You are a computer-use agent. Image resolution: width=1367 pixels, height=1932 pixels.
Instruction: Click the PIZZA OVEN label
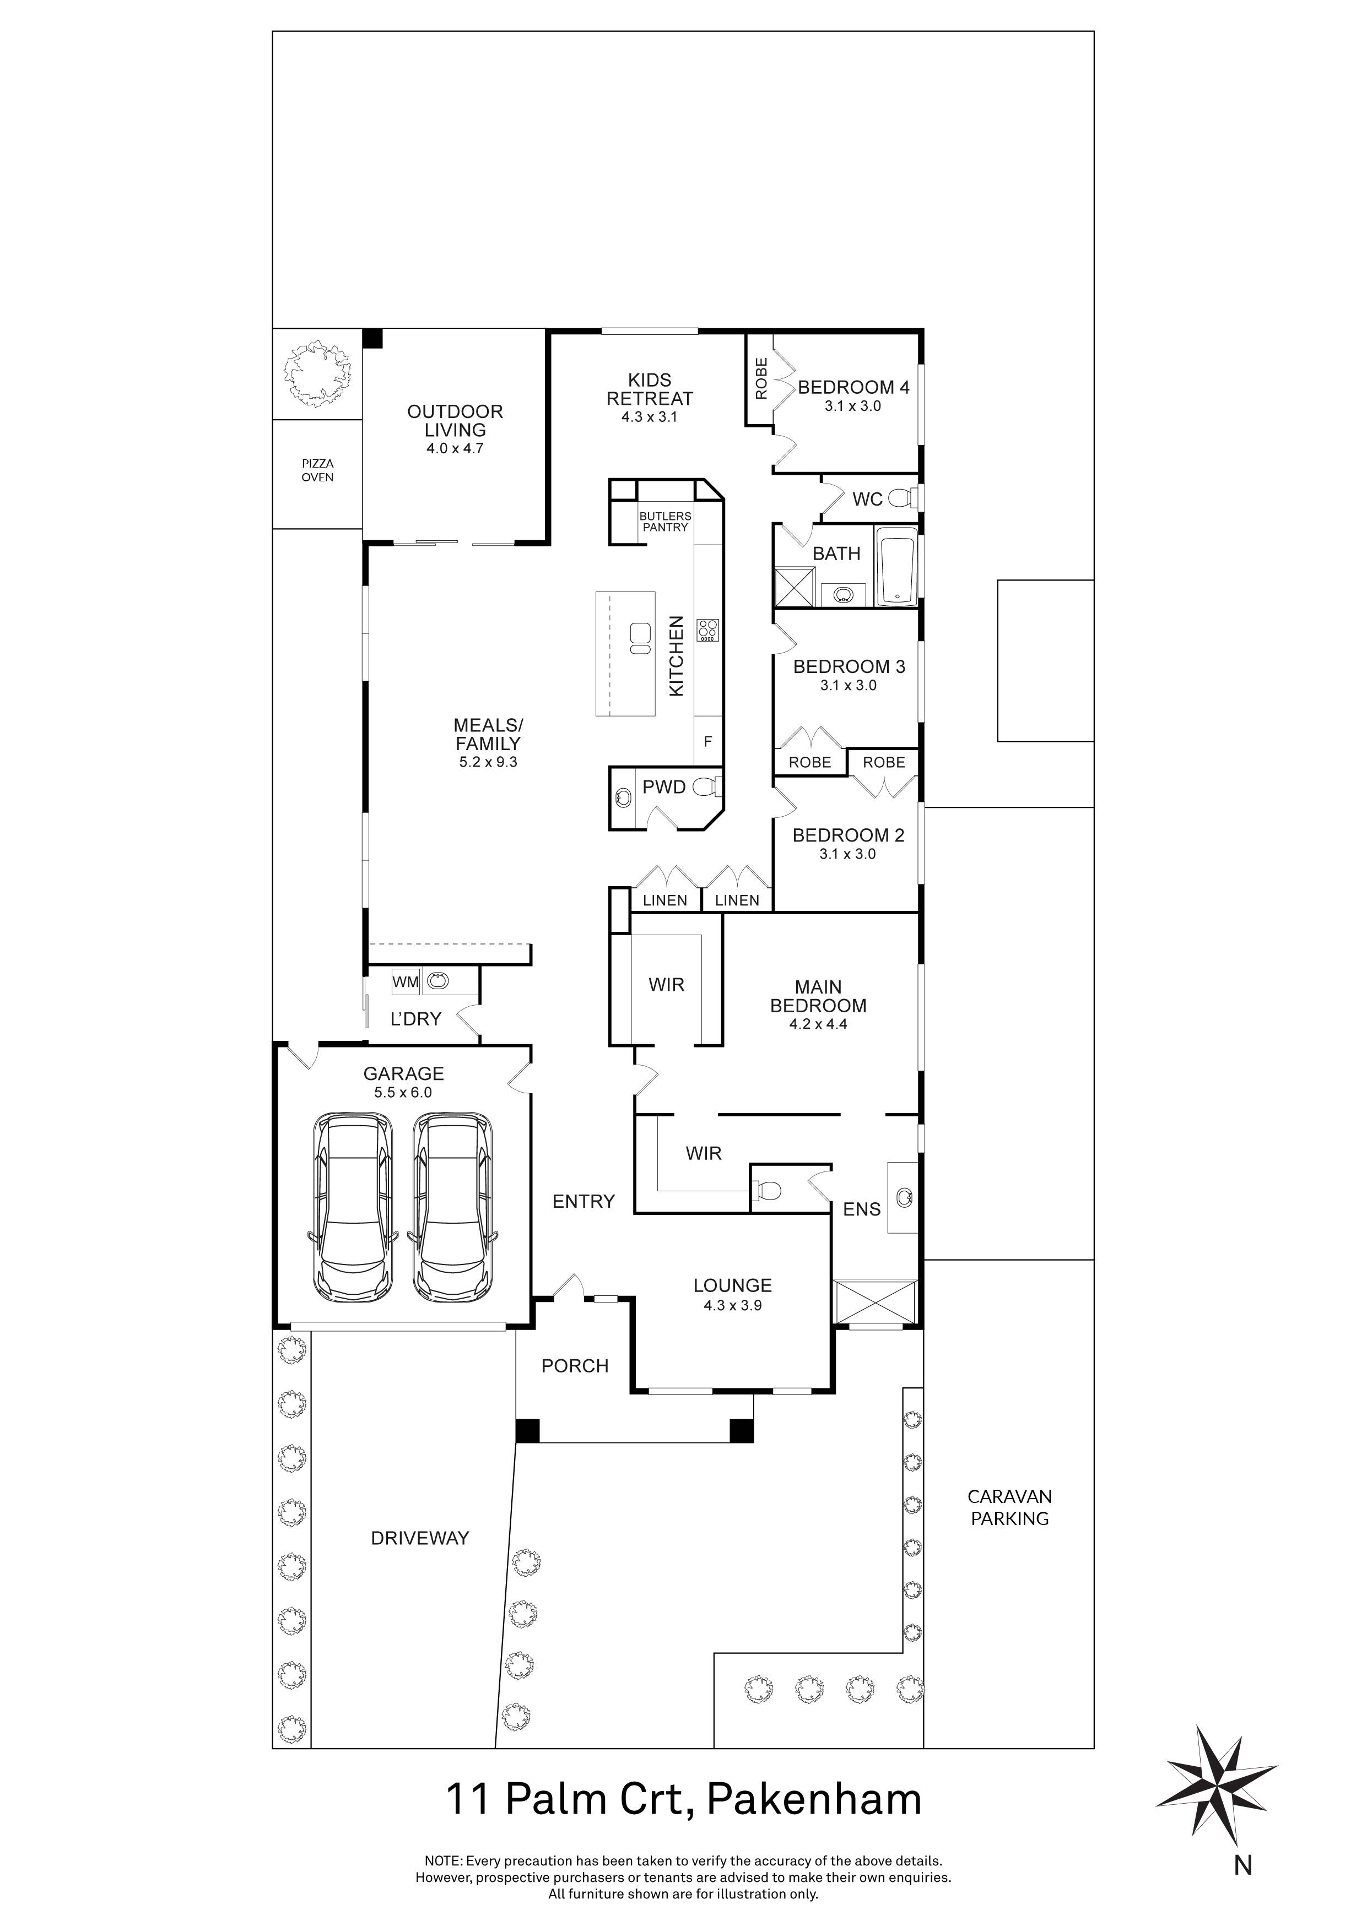pos(317,470)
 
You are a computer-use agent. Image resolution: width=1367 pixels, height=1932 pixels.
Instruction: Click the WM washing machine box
pos(405,981)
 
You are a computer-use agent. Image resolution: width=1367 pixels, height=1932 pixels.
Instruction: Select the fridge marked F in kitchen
pos(708,741)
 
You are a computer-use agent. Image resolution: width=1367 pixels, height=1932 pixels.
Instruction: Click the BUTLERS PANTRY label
pos(665,522)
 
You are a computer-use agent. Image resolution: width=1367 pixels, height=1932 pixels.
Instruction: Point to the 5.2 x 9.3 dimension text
pos(488,762)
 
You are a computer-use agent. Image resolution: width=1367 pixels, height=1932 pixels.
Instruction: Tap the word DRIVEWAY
pos(420,1538)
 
